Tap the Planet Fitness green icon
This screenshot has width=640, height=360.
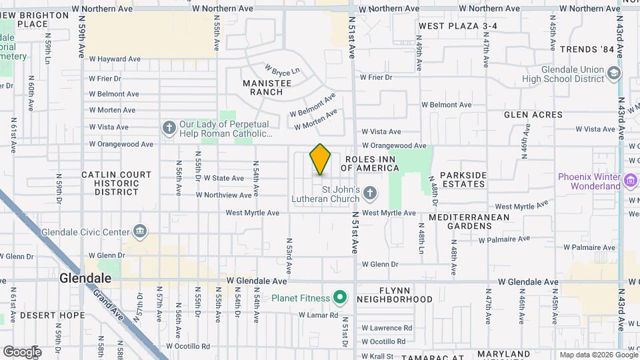[x=340, y=297]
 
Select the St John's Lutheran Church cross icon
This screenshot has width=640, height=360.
[x=371, y=194]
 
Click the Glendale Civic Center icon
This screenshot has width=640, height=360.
[x=139, y=231]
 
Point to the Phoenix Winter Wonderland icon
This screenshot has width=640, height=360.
[x=630, y=181]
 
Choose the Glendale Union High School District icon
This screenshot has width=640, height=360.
[x=614, y=74]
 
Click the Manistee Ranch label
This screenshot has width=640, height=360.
[x=267, y=87]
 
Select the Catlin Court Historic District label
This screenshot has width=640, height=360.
[x=116, y=183]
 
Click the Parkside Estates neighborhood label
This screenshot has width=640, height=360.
[x=462, y=179]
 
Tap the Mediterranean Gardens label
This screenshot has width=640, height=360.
[x=469, y=222]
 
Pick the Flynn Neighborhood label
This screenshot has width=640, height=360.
[x=394, y=295]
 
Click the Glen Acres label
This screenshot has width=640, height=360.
[x=533, y=115]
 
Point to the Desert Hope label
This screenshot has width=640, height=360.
[x=52, y=315]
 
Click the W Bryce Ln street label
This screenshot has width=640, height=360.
[x=282, y=70]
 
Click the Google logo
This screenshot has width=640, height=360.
[x=22, y=351]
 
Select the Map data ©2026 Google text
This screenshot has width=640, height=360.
[x=597, y=355]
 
